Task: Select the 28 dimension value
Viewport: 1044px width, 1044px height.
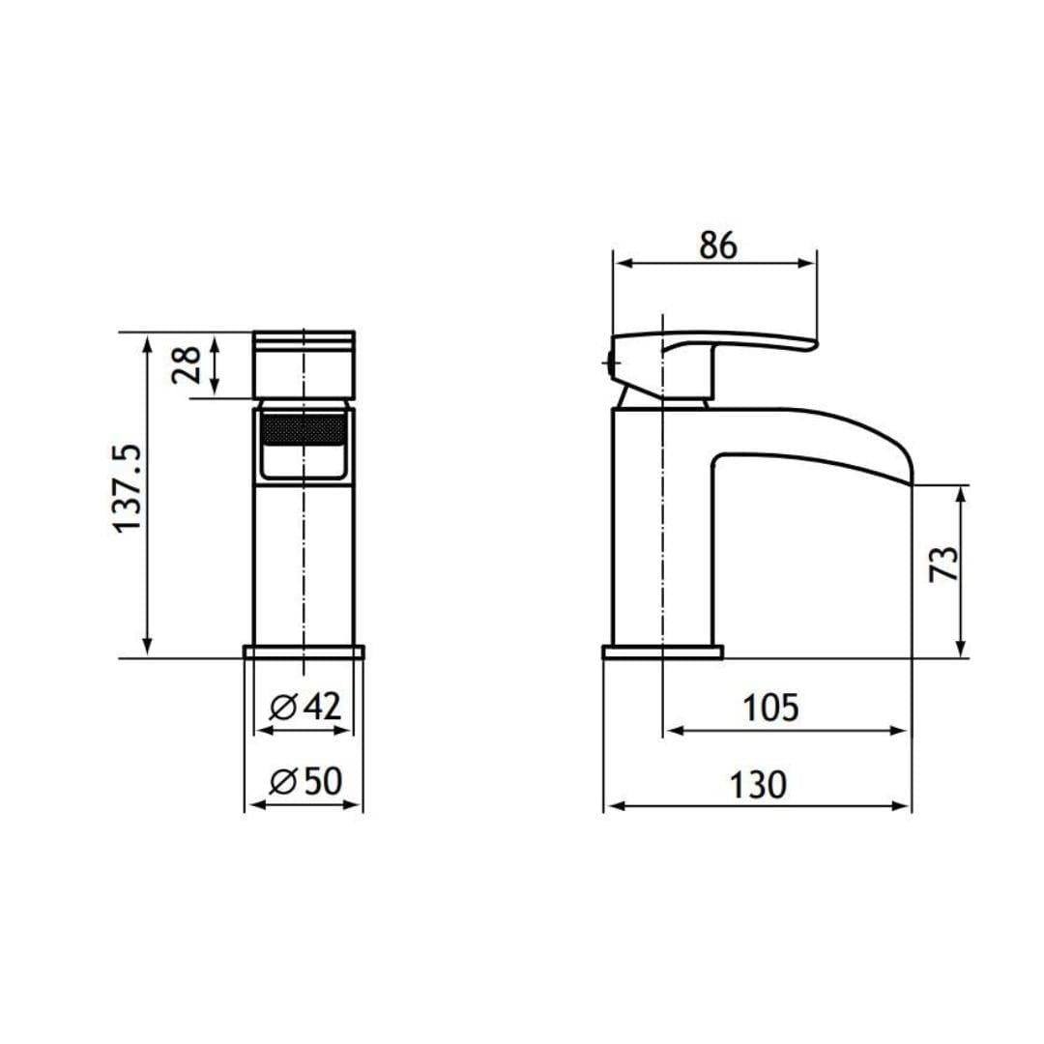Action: (188, 363)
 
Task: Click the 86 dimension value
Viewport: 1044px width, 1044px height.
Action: (718, 246)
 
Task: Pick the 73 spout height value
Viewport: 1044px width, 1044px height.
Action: (943, 563)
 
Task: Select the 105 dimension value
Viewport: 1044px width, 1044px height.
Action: (771, 709)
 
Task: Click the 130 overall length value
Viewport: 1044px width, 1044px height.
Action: (757, 784)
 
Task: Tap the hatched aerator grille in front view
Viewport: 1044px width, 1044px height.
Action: (304, 428)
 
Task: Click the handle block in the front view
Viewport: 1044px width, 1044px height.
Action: (304, 364)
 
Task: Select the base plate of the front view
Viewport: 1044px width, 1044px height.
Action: (304, 652)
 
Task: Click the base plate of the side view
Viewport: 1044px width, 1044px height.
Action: (662, 652)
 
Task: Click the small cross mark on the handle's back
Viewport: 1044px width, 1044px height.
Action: (610, 363)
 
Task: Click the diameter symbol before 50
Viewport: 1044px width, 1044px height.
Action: (282, 781)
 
